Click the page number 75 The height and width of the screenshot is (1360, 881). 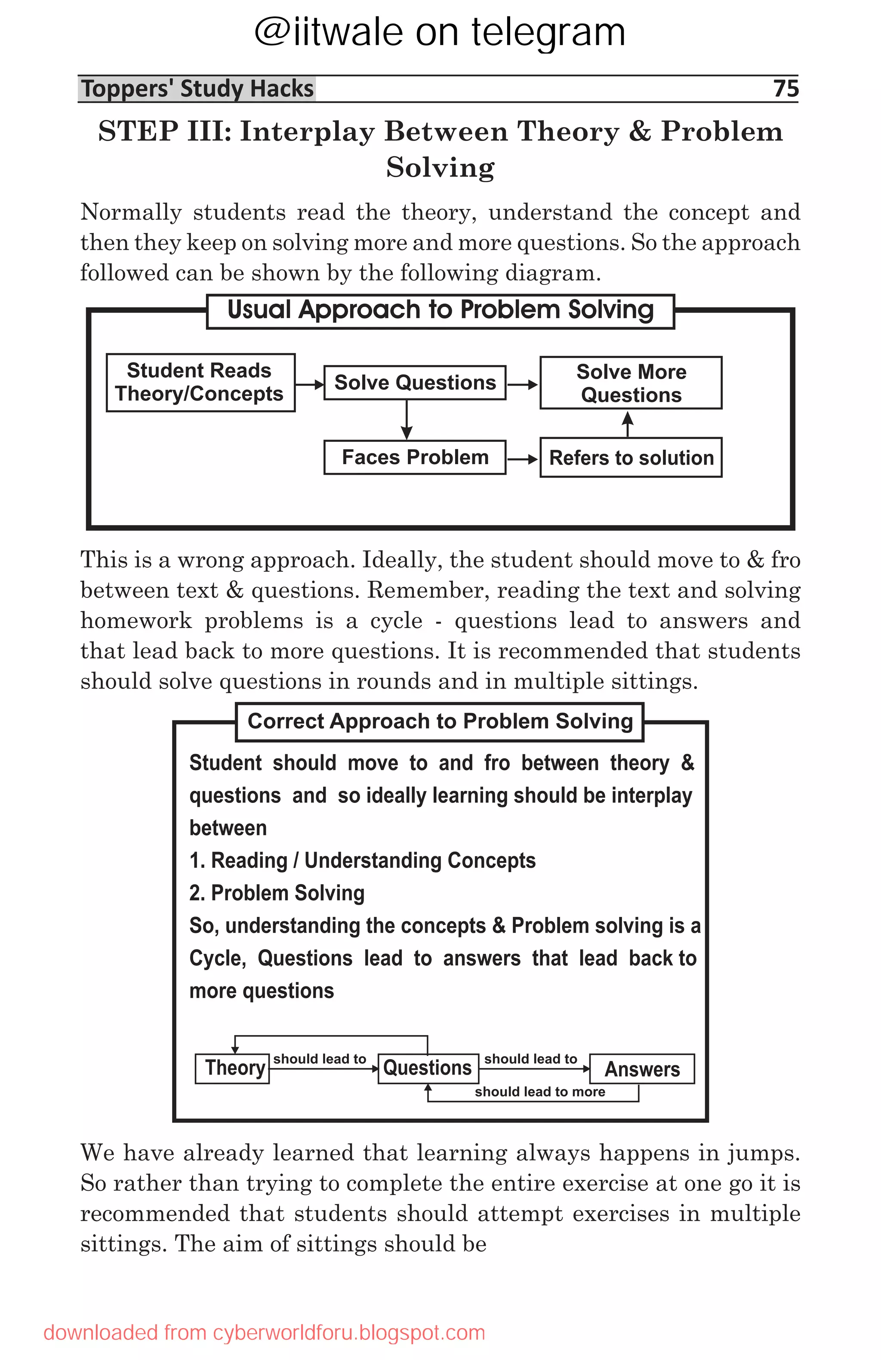[785, 89]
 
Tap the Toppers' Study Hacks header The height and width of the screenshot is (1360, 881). [197, 89]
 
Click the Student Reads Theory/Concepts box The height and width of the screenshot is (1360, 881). [200, 382]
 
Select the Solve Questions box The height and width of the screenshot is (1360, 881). [415, 382]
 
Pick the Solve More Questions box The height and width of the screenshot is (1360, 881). [631, 383]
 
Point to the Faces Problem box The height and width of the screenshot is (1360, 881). [415, 457]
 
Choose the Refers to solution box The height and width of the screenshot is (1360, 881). [631, 458]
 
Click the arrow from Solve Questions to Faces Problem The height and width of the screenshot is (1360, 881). [407, 420]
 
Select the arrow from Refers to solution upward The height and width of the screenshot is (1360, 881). [628, 424]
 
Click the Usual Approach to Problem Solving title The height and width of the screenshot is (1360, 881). [440, 310]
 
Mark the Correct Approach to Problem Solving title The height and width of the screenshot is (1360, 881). [440, 722]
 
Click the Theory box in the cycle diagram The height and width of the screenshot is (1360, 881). [232, 1068]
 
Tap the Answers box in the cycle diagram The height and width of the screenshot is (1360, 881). [641, 1069]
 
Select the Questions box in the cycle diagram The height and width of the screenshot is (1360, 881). [428, 1068]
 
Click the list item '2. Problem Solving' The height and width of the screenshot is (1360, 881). [277, 893]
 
